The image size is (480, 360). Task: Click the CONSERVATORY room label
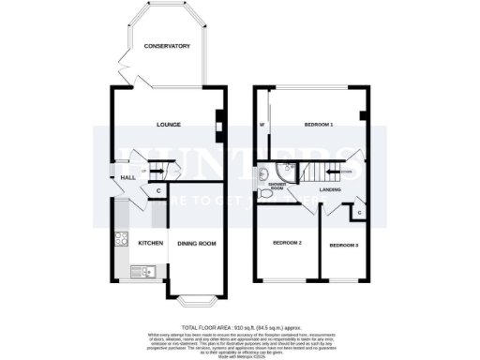(x=166, y=46)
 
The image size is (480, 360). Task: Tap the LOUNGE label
(x=168, y=124)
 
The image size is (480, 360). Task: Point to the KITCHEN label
(x=151, y=244)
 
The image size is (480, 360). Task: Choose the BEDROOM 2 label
(x=286, y=242)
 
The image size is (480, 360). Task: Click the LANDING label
(x=329, y=190)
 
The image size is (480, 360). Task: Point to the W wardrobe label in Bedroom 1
(x=262, y=124)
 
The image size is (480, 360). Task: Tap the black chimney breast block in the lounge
(x=219, y=121)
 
